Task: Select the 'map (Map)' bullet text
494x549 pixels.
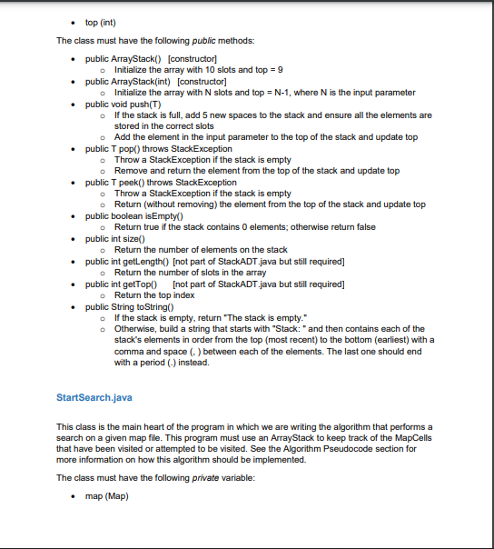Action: click(106, 496)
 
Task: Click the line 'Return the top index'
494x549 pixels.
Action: click(153, 294)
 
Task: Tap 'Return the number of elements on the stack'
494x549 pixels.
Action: click(201, 249)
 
